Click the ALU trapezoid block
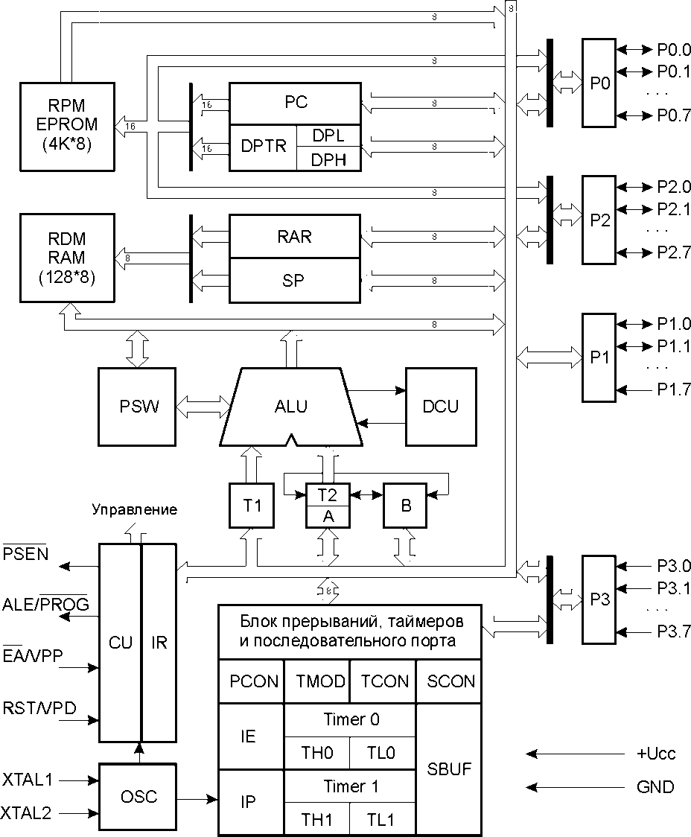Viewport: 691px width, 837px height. (x=290, y=407)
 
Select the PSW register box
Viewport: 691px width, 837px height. (x=138, y=407)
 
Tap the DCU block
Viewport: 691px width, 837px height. (x=440, y=407)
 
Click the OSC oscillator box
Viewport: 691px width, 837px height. (x=138, y=797)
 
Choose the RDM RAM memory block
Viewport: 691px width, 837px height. (x=66, y=258)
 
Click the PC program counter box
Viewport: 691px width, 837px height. (x=296, y=103)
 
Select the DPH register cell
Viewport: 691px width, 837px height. (x=328, y=159)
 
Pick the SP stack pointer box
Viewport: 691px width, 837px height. (x=296, y=281)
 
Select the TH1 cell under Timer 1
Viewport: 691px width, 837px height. (x=316, y=820)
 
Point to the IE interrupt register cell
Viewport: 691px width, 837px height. (x=249, y=736)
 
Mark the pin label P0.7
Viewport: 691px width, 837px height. (x=674, y=115)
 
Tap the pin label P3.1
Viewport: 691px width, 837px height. (x=674, y=588)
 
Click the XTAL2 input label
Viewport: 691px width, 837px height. (x=28, y=812)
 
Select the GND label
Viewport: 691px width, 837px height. (x=655, y=787)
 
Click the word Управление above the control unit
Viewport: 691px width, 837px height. (x=135, y=510)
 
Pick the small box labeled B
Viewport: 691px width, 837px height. (x=406, y=506)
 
